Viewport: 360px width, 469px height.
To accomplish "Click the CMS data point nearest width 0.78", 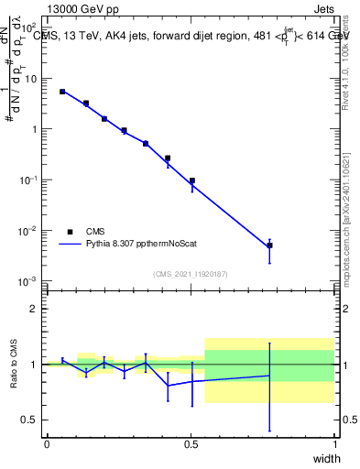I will [x=269, y=245].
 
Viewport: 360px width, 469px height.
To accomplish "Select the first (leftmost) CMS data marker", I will [x=62, y=92].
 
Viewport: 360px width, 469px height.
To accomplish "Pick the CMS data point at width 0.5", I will [x=191, y=180].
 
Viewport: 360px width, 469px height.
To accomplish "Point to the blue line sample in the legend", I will [x=70, y=245].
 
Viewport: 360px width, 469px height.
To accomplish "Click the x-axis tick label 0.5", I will [x=191, y=444].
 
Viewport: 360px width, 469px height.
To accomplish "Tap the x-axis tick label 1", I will [x=335, y=444].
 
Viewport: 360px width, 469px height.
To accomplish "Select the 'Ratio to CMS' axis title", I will [x=13, y=365].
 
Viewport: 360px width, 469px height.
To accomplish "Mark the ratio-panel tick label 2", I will [x=34, y=309].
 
